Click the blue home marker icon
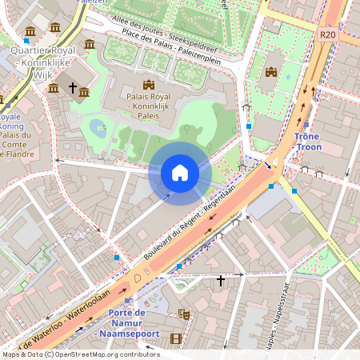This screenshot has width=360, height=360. pos(180,173)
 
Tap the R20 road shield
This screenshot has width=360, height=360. pos(327,35)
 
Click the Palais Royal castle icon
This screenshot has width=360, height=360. pos(147,84)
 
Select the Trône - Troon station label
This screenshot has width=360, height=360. pos(307,142)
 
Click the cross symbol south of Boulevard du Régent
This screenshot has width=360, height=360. pos(221,281)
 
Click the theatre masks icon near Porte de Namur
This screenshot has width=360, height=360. pos(183,314)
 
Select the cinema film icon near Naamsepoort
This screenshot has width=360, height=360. pos(175,338)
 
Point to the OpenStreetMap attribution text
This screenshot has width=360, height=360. pos(80,354)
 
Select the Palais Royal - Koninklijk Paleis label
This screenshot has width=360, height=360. pos(147,106)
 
